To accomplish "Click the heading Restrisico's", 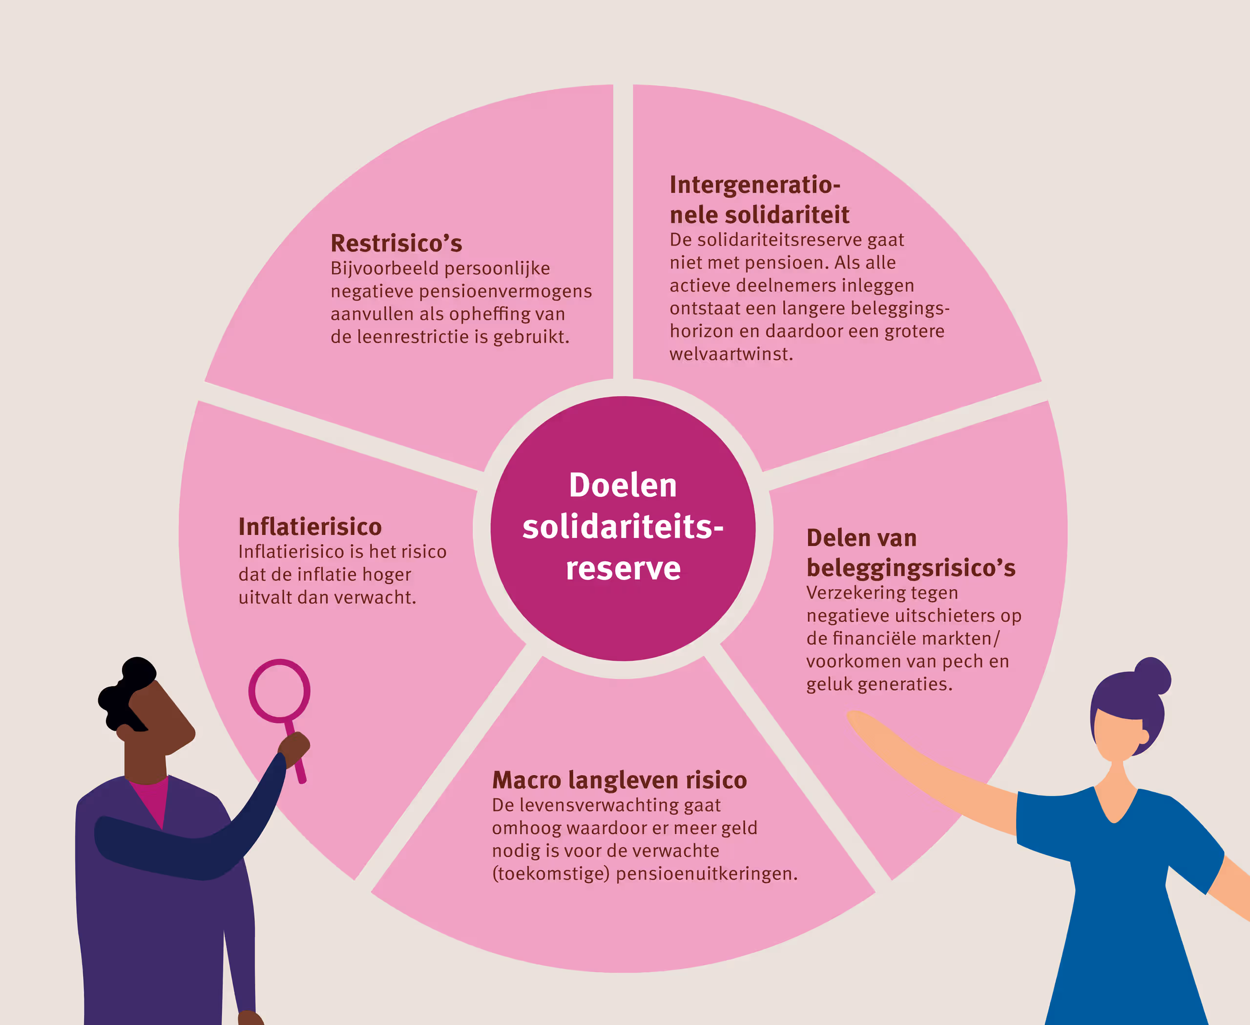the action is (x=396, y=243).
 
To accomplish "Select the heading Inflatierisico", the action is (x=310, y=526).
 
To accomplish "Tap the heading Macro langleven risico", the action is (x=620, y=780).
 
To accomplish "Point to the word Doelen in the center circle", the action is (x=623, y=485).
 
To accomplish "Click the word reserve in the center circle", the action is (x=623, y=568).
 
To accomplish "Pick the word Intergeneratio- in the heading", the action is (x=755, y=185).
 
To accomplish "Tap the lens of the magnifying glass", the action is (x=279, y=691).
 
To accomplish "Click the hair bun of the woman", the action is (x=1152, y=675).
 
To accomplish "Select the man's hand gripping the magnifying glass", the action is (x=293, y=749).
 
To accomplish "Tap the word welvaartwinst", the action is (x=731, y=354).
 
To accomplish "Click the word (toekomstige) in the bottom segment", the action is (x=551, y=874).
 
